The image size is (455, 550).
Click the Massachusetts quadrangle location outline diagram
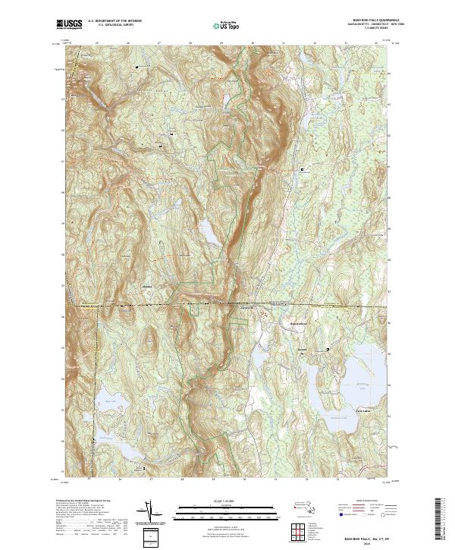[x=306, y=505]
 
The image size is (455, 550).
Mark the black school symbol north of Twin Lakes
[x=328, y=350]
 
